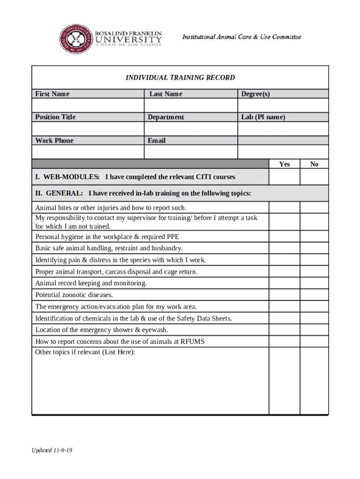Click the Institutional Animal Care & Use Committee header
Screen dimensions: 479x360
[241, 37]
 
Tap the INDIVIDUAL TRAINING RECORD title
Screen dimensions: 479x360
[180, 78]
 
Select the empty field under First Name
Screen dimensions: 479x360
[87, 105]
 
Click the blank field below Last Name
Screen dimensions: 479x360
[191, 105]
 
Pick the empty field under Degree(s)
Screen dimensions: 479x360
[283, 105]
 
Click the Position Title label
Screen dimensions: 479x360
[55, 117]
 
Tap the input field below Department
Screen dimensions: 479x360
[191, 129]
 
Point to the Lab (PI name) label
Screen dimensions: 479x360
[263, 117]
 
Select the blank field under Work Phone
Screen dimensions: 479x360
[87, 152]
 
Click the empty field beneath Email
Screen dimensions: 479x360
[191, 152]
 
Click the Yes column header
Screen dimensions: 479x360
[284, 164]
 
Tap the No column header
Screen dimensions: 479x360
[314, 164]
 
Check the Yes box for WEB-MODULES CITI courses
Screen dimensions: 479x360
[284, 177]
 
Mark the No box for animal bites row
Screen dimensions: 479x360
[314, 207]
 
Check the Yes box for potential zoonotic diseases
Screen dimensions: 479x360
[284, 295]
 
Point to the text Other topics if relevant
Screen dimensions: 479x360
[85, 352]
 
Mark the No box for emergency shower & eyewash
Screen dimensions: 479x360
[314, 330]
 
